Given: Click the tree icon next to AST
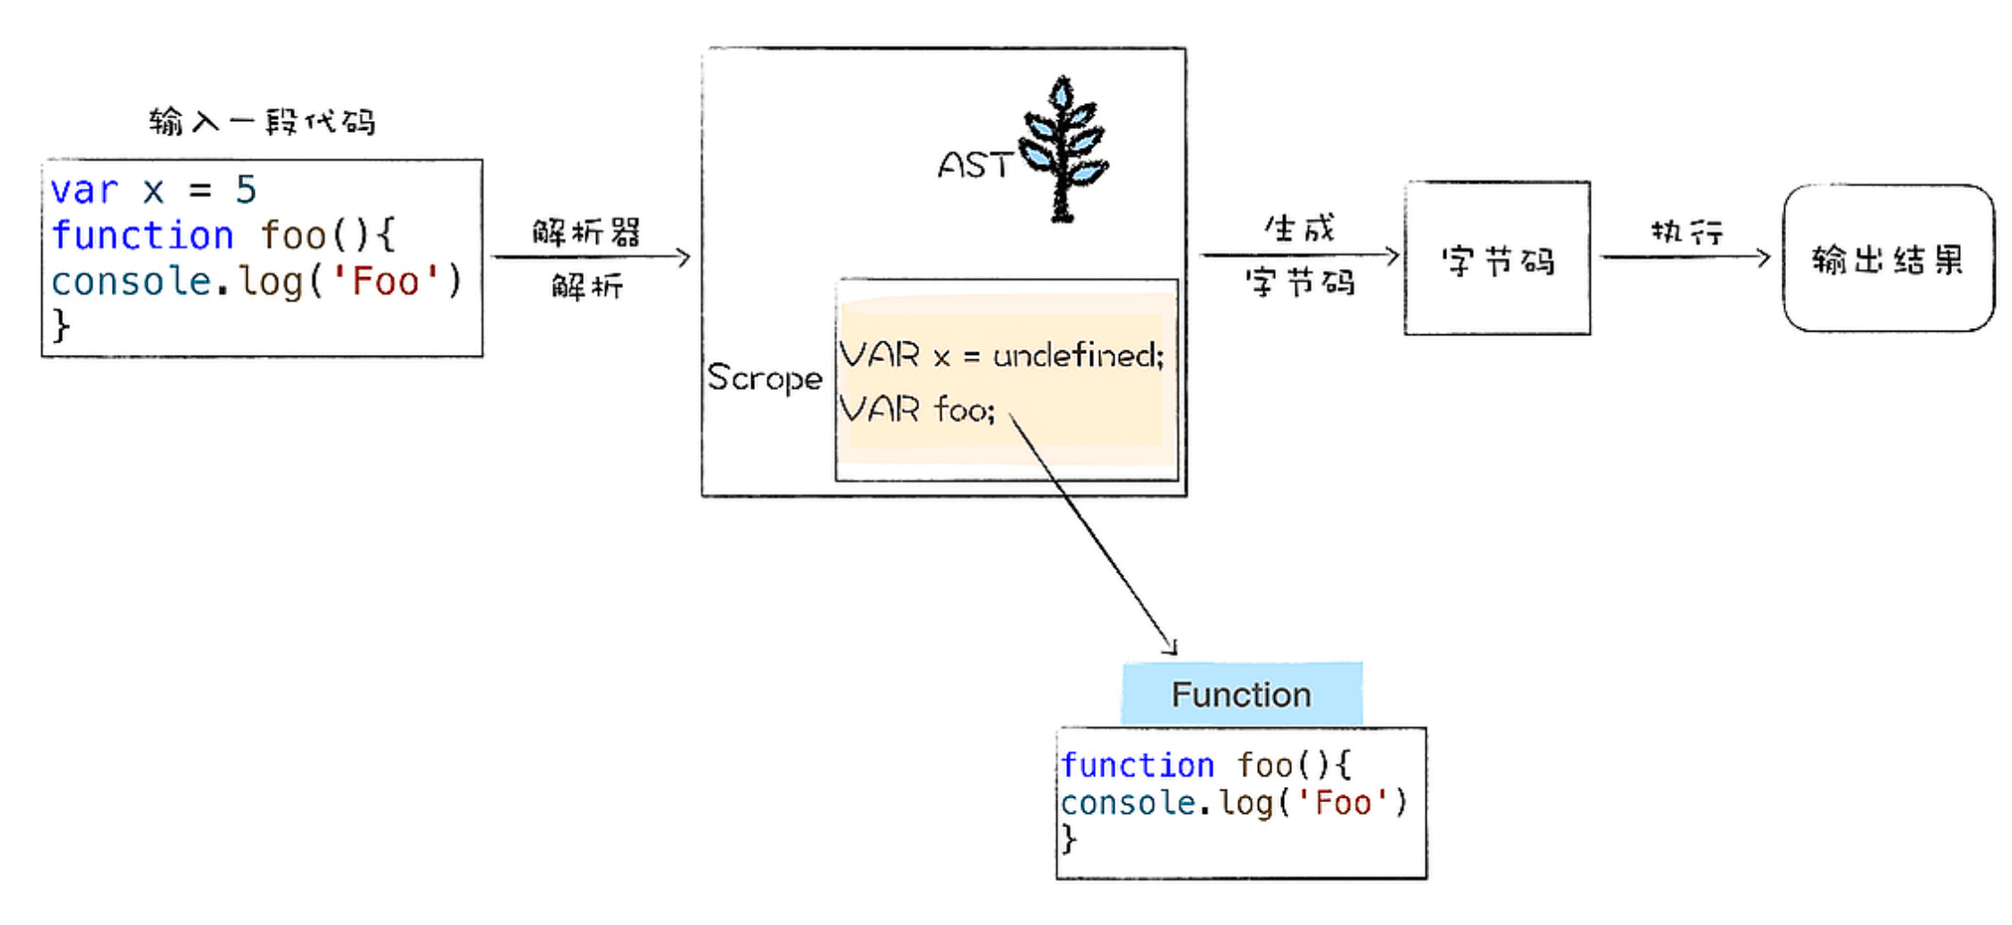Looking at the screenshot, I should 1063,148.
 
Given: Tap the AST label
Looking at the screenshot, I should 974,166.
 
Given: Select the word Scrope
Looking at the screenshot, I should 764,378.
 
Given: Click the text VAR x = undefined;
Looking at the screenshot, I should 1002,356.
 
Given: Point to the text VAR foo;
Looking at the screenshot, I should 917,410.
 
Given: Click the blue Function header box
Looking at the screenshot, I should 1242,695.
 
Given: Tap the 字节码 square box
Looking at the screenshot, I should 1497,259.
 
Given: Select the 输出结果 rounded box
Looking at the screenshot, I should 1888,259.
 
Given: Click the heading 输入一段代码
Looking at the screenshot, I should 262,121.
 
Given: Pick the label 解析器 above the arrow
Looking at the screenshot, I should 586,233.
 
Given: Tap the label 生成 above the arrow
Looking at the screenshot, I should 1300,229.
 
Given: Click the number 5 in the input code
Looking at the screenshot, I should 246,190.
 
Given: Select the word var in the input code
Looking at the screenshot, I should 84,190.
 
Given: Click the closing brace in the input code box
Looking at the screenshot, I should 61,324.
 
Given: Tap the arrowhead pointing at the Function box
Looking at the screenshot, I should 1171,648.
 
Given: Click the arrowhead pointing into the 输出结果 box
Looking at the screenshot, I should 1765,258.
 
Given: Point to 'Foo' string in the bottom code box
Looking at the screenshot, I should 1342,803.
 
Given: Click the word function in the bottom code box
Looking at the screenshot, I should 1137,765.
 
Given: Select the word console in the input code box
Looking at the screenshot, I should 131,281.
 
